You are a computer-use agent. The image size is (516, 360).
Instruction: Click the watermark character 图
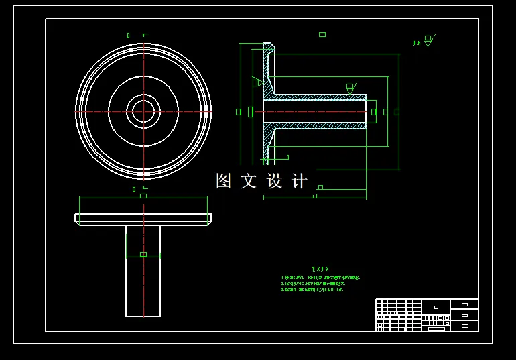click(223, 181)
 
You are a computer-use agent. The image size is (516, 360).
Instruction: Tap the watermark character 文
click(249, 181)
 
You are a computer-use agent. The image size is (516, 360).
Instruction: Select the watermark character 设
click(275, 181)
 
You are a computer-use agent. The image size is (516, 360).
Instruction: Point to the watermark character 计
click(300, 181)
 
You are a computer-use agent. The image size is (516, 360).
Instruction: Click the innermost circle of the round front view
click(143, 111)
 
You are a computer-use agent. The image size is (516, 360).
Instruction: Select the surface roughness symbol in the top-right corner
click(428, 41)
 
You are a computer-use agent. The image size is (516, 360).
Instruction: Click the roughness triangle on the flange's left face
click(256, 82)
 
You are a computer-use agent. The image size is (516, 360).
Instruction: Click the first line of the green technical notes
click(320, 277)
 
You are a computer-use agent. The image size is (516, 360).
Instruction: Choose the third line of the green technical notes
click(312, 290)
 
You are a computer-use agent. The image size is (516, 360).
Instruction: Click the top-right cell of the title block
click(464, 304)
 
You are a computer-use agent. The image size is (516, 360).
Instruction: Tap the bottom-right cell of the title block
click(464, 326)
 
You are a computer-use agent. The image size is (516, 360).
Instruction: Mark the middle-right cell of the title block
click(464, 315)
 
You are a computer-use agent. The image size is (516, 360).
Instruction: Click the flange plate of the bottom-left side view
click(143, 218)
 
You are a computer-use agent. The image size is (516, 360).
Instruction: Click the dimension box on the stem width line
click(143, 254)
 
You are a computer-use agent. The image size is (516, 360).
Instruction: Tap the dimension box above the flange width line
click(143, 196)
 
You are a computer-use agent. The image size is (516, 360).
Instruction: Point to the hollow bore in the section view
click(315, 111)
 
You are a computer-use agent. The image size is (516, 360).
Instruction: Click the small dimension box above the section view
click(322, 34)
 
